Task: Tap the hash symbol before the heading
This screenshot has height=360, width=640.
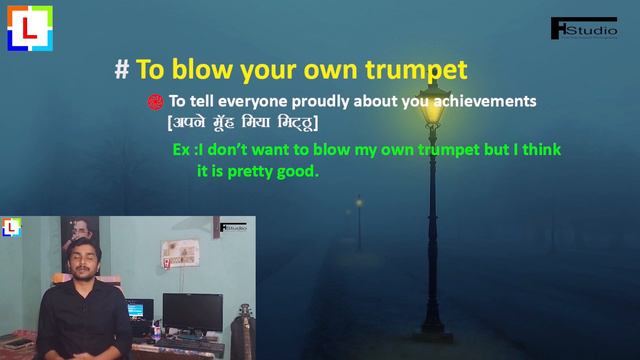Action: pyautogui.click(x=122, y=70)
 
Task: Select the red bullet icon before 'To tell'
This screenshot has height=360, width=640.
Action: pyautogui.click(x=155, y=101)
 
